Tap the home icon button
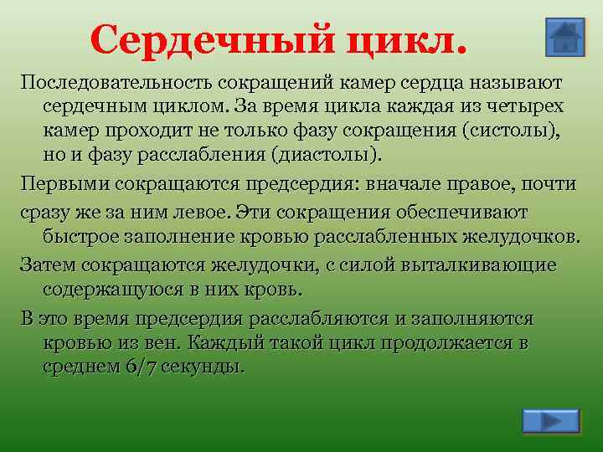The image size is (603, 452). coord(564,38)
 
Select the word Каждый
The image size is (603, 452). coord(223,342)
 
